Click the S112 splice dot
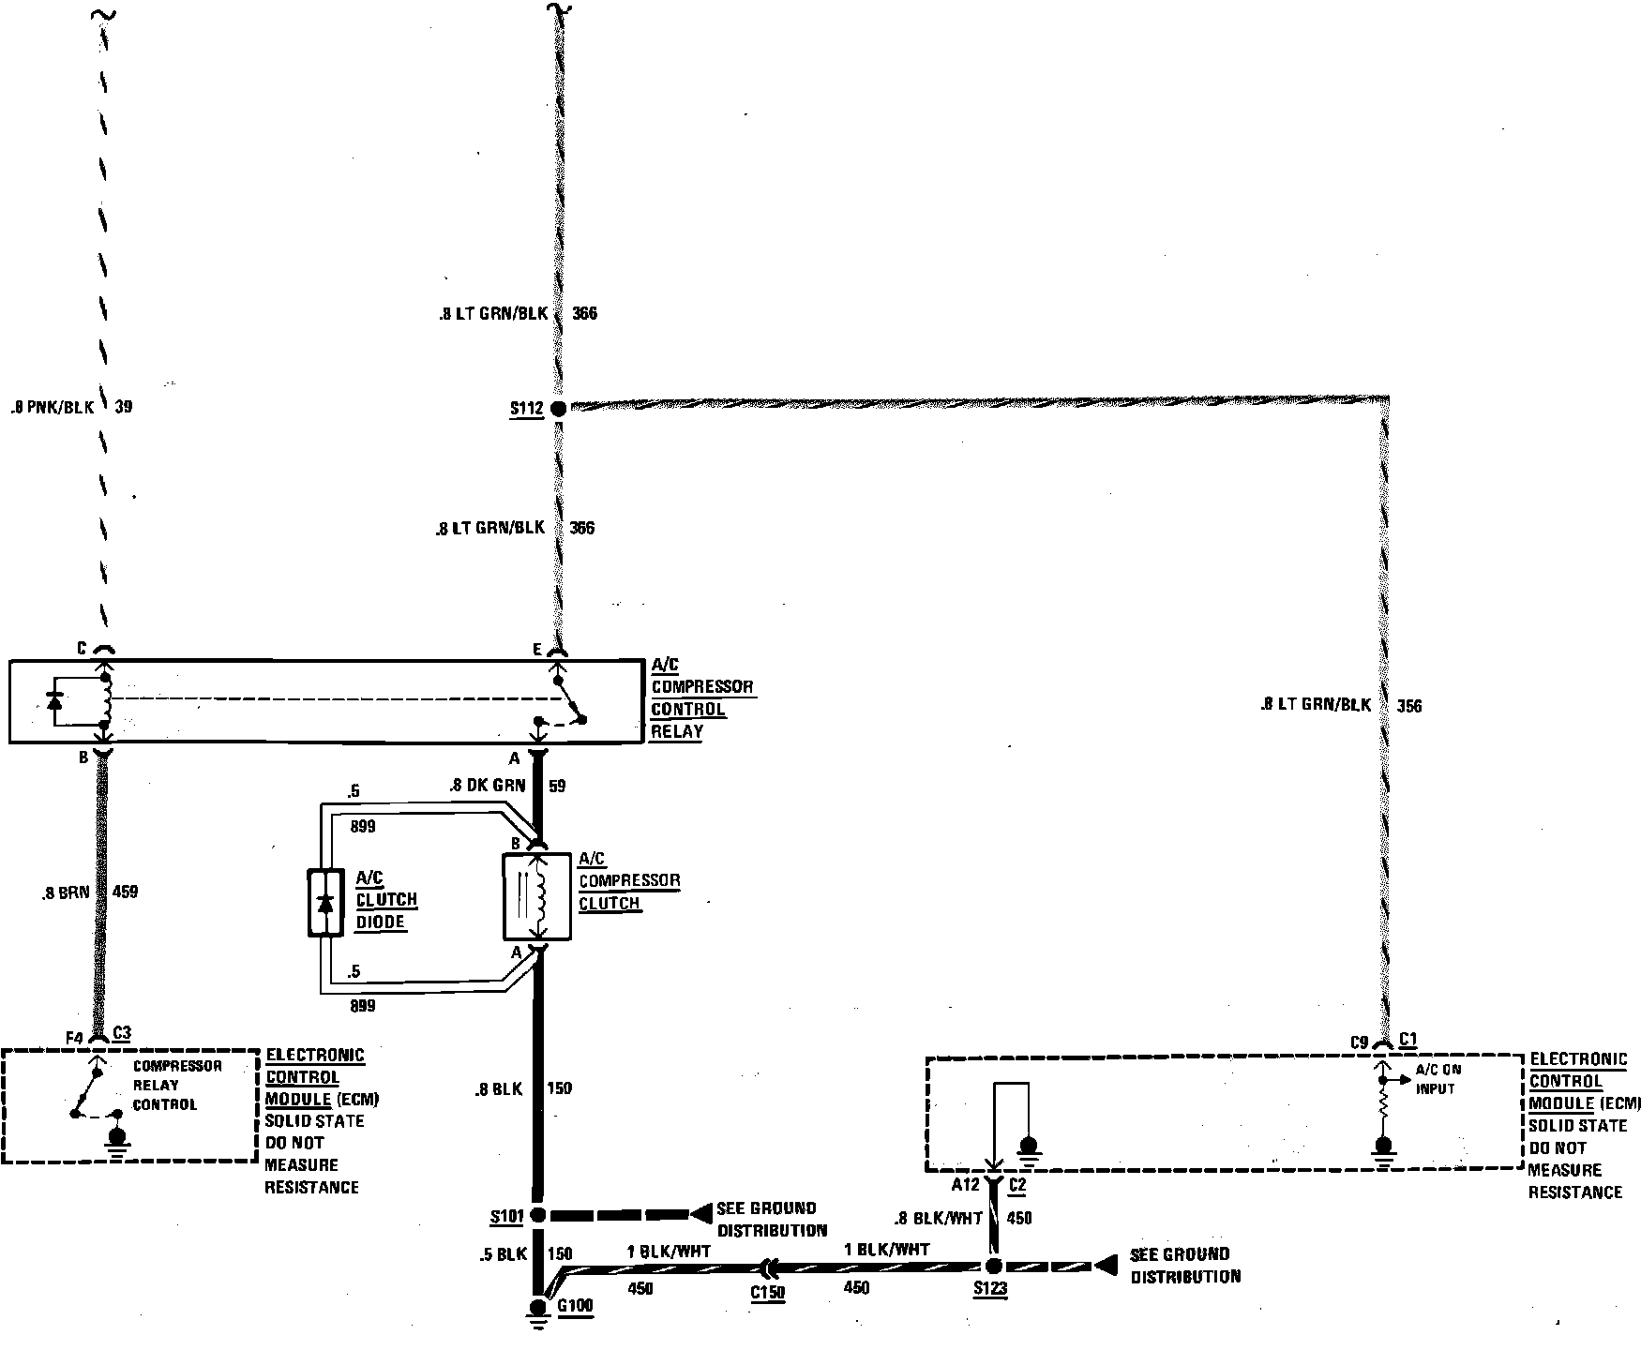pyautogui.click(x=557, y=409)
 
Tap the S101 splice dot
pyautogui.click(x=537, y=1215)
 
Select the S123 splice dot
pyautogui.click(x=994, y=1265)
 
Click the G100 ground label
pyautogui.click(x=575, y=1305)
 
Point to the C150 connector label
pyautogui.click(x=767, y=1292)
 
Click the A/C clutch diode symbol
pyautogui.click(x=324, y=903)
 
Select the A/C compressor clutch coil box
pyautogui.click(x=537, y=896)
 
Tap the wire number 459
pyautogui.click(x=125, y=892)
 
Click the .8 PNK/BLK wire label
pyautogui.click(x=53, y=408)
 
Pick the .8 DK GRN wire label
pyautogui.click(x=486, y=786)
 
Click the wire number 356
pyautogui.click(x=1408, y=706)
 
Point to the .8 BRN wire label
pyautogui.click(x=66, y=892)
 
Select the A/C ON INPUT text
pyautogui.click(x=1438, y=1078)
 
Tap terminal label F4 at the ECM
pyautogui.click(x=75, y=1037)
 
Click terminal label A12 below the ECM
pyautogui.click(x=965, y=1185)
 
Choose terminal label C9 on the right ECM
pyautogui.click(x=1360, y=1042)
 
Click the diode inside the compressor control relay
pyautogui.click(x=54, y=700)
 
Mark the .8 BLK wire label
pyautogui.click(x=497, y=1088)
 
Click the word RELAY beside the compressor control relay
pyautogui.click(x=677, y=731)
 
